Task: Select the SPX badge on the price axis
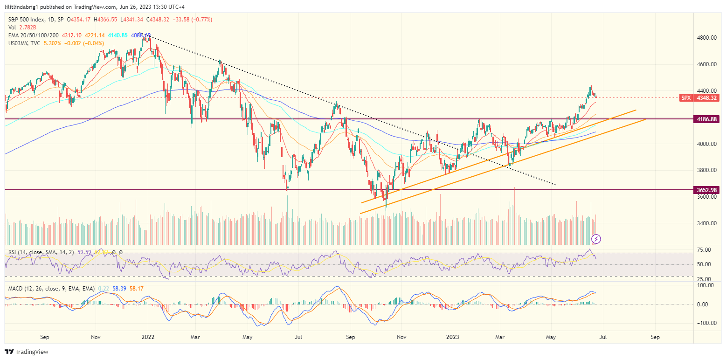click(x=686, y=98)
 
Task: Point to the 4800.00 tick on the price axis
click(x=707, y=38)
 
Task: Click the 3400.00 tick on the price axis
click(x=707, y=223)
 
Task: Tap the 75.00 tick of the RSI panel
click(x=705, y=250)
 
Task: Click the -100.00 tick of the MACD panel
click(x=706, y=323)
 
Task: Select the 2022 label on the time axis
click(x=147, y=336)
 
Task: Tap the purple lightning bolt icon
click(x=596, y=239)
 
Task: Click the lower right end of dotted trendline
click(x=555, y=185)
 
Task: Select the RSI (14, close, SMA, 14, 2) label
click(x=41, y=252)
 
